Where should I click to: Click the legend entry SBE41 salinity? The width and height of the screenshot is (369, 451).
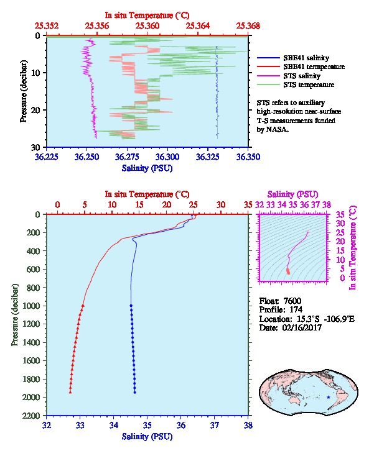click(306, 58)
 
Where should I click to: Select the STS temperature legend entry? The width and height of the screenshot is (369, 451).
click(309, 84)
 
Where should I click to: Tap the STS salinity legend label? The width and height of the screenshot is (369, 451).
click(302, 76)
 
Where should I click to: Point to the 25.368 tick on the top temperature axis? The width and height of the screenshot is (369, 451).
click(248, 26)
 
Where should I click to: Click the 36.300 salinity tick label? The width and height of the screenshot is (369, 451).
click(167, 157)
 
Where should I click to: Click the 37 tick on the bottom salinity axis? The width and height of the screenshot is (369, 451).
click(215, 425)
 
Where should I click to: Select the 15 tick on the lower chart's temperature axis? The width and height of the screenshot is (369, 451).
click(139, 205)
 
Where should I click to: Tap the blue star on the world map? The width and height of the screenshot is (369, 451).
click(329, 397)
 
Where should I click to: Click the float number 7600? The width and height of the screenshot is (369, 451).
click(292, 301)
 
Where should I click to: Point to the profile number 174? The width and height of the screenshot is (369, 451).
click(296, 309)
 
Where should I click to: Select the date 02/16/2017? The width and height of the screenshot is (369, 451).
click(302, 327)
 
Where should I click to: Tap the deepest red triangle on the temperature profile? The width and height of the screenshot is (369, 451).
click(70, 392)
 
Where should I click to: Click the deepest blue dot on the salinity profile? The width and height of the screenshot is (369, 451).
click(134, 392)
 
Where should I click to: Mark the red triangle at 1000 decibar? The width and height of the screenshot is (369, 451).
click(83, 306)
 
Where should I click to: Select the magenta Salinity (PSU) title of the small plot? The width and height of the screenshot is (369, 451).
click(292, 194)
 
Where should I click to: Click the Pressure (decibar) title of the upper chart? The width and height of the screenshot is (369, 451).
click(23, 91)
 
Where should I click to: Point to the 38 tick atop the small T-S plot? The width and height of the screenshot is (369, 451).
click(326, 205)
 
